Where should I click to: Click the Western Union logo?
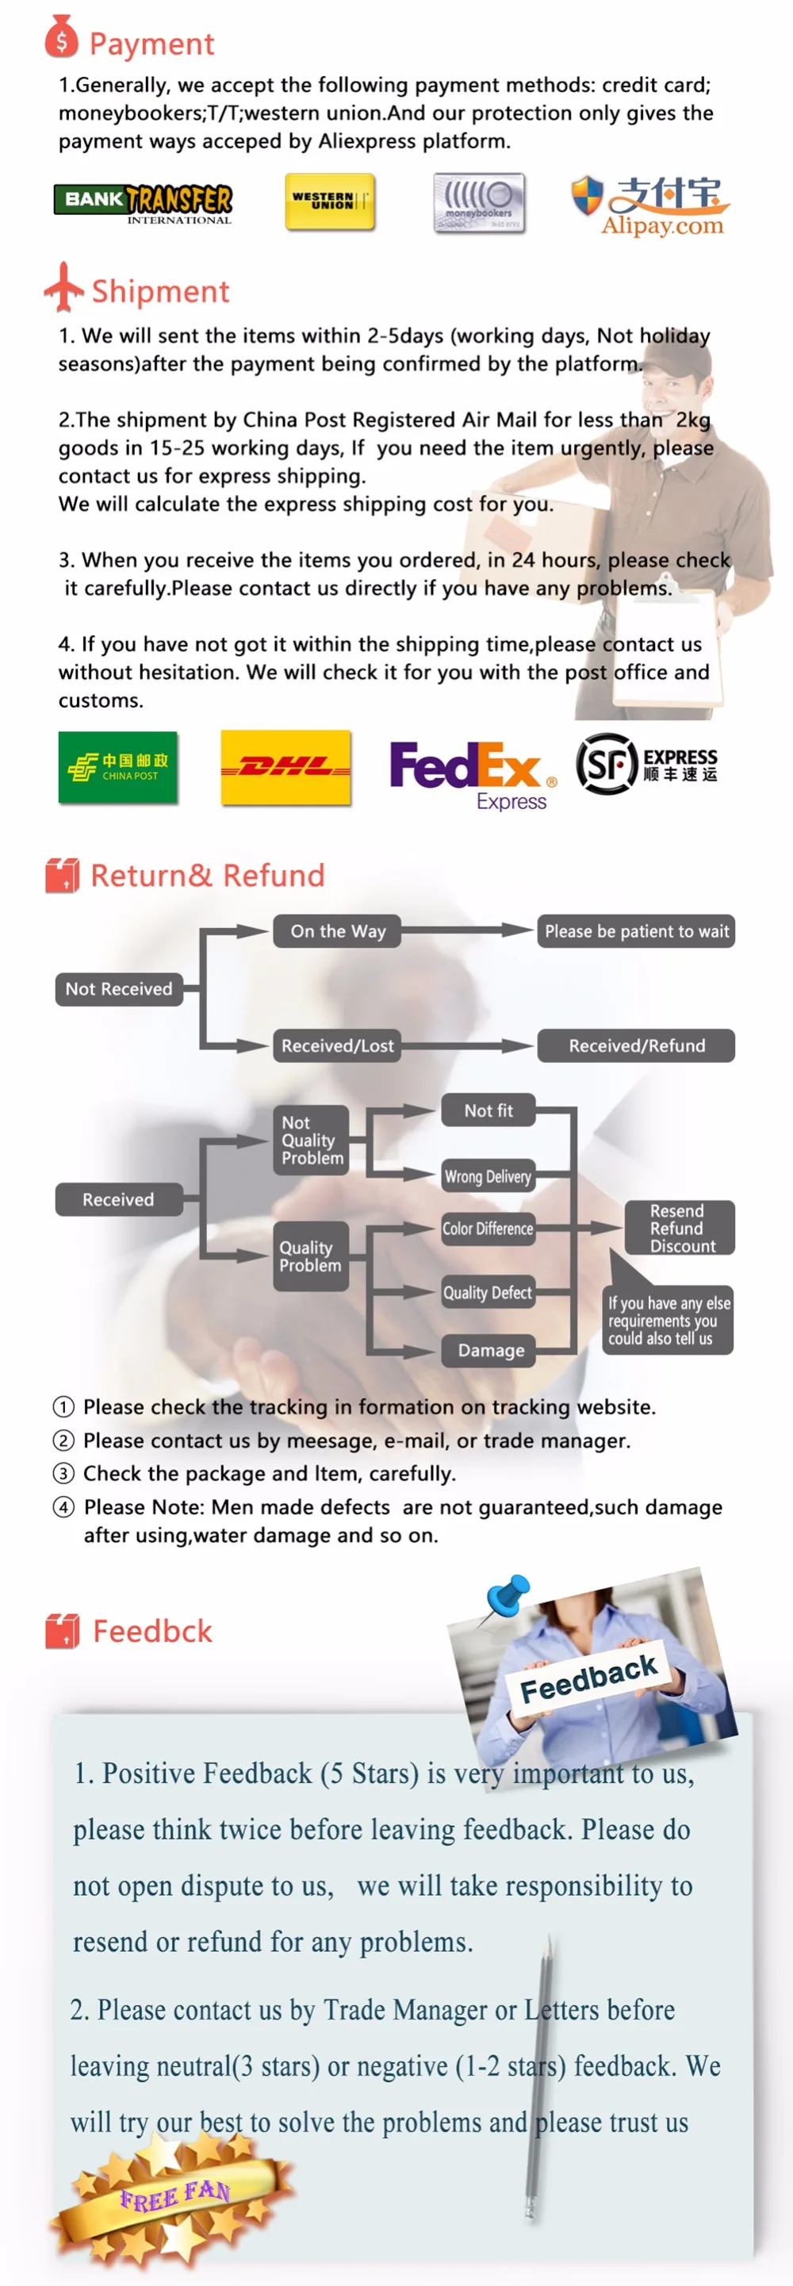tap(330, 202)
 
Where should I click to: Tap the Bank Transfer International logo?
tap(144, 203)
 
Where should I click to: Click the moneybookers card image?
tap(479, 203)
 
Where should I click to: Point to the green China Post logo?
tap(118, 768)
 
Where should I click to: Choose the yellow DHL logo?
tap(285, 768)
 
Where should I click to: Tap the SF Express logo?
tap(646, 763)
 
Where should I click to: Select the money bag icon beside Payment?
tap(61, 37)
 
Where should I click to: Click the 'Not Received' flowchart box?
tap(119, 988)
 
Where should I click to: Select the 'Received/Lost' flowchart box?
tap(337, 1045)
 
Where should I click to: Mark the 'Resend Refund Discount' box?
tap(680, 1228)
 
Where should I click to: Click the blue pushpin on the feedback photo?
tap(509, 1594)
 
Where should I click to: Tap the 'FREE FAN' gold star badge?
tap(173, 2197)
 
